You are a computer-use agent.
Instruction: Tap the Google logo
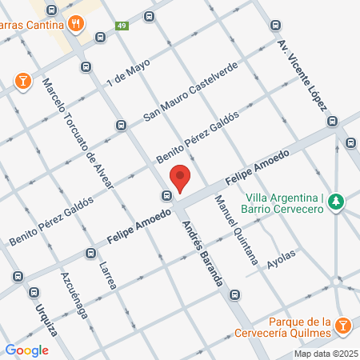coord(26,350)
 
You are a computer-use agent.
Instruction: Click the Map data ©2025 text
coord(326,354)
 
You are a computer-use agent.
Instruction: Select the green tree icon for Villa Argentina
coord(338,200)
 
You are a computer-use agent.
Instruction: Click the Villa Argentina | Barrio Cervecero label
coord(284,203)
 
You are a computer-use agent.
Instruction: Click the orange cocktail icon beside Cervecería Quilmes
coord(343,326)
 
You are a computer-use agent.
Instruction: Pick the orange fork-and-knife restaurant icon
coord(75,23)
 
